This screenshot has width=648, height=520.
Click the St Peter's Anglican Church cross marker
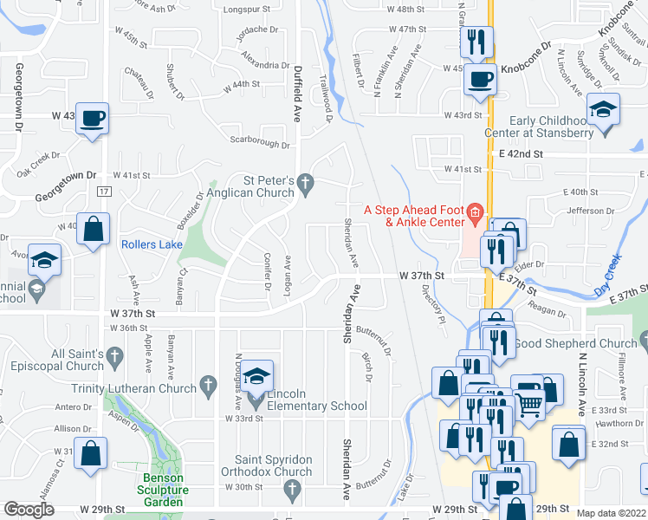[304, 183]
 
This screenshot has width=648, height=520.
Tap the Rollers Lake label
[151, 244]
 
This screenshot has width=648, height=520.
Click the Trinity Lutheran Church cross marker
[207, 383]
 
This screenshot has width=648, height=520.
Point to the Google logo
[29, 510]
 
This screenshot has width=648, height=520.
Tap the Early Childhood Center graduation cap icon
[602, 110]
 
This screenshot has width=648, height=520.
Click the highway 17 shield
[104, 191]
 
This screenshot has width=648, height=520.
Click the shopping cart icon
[528, 401]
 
